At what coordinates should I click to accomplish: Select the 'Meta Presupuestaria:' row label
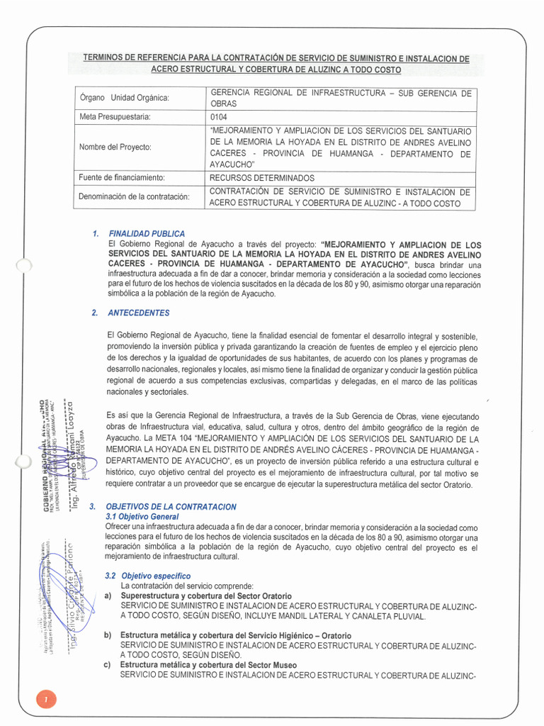pos(115,117)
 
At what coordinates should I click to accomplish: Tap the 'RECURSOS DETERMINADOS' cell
pos(262,178)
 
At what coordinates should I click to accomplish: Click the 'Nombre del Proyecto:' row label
pos(115,147)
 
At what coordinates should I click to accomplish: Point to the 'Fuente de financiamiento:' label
pos(122,178)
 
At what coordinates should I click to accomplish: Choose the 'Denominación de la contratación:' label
pos(134,196)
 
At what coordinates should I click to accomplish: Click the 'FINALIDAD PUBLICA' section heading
pos(147,233)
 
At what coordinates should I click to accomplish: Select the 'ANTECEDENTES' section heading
pos(138,313)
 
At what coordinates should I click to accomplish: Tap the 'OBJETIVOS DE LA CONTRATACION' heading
pos(171,507)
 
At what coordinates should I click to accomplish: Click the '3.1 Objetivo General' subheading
pos(142,518)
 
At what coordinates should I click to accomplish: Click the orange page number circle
pos(45,700)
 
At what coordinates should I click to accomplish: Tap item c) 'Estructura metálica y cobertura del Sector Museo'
pos(208,665)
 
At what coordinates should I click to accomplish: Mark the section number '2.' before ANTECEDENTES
pos(94,313)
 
